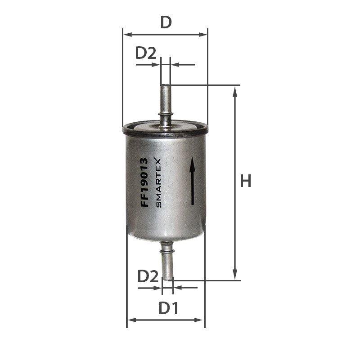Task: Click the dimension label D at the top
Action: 166,22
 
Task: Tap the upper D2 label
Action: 146,53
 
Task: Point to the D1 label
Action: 168,308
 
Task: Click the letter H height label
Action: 246,181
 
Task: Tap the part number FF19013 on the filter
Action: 144,182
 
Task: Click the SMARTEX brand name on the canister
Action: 158,183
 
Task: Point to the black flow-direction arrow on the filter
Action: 193,181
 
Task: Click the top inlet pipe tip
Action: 166,86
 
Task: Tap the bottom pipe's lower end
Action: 167,278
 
